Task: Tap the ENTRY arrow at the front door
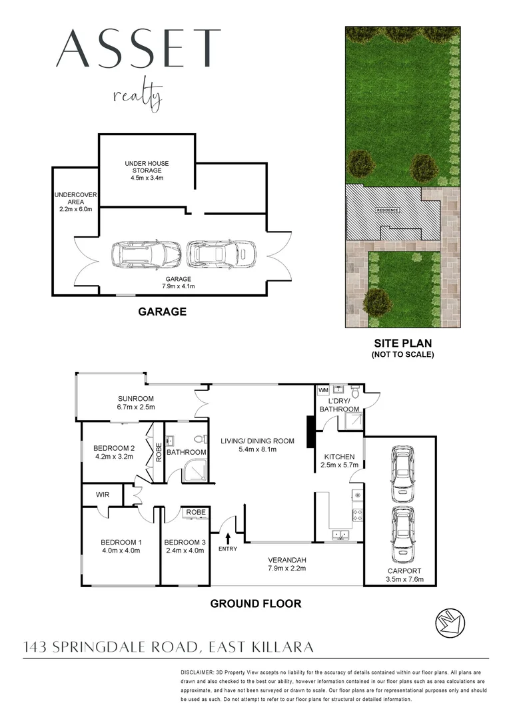pos(228,537)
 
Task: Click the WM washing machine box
pos(324,389)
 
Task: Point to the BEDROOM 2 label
pos(115,447)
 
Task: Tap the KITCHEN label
pos(340,457)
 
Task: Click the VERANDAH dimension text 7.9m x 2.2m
pos(286,568)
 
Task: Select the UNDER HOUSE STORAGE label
pos(147,166)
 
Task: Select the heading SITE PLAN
pos(402,343)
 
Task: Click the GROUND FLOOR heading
pos(256,604)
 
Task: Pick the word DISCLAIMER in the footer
pos(201,674)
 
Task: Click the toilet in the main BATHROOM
pos(199,440)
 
